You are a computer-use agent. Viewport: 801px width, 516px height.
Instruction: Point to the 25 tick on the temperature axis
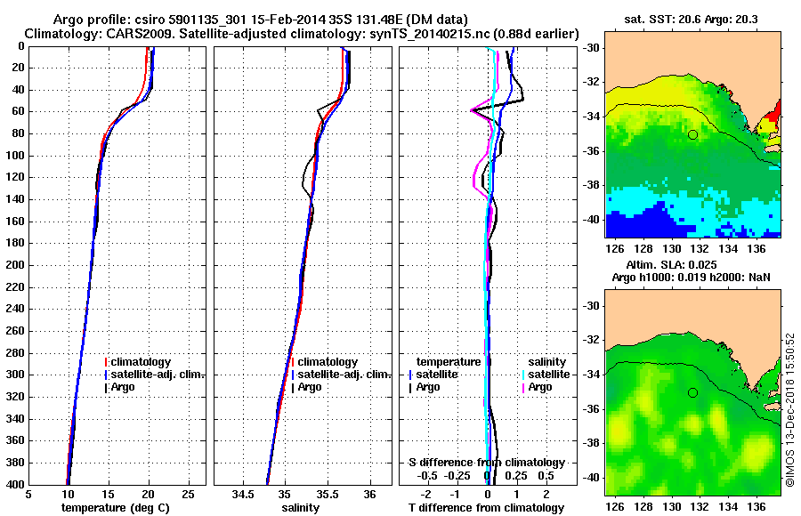(x=188, y=494)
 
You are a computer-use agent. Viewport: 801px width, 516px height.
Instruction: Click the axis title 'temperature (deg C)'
(x=115, y=507)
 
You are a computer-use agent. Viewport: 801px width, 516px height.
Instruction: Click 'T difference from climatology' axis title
(x=486, y=507)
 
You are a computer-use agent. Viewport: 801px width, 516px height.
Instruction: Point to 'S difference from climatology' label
(x=486, y=463)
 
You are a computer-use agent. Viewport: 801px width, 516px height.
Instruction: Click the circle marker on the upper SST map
(x=692, y=134)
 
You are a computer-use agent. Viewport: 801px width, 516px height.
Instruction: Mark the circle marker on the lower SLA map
(x=692, y=392)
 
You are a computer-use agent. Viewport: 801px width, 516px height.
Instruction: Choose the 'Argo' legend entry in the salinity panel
(x=310, y=387)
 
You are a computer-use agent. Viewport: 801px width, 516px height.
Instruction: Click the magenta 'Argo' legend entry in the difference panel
(x=540, y=387)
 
